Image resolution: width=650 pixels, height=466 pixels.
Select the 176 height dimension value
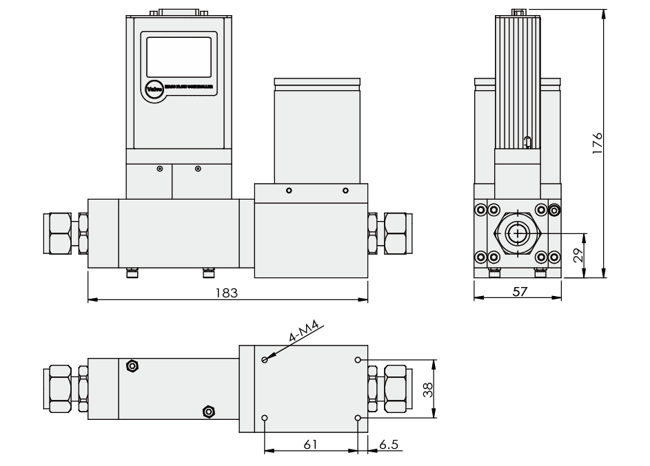597,144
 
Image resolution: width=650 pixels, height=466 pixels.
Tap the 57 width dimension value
520,291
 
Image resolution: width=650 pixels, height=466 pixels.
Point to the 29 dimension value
578,255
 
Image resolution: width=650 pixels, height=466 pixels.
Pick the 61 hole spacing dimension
310,445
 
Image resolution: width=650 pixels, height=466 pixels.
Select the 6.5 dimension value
389,445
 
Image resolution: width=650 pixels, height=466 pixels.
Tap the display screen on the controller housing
179,56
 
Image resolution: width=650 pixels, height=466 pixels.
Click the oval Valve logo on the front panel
154,88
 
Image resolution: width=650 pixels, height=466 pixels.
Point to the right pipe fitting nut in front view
396,233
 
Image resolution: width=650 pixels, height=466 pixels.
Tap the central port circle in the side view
517,233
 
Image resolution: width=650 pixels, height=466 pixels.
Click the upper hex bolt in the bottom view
132,366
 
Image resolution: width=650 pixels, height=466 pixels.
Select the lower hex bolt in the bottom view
207,412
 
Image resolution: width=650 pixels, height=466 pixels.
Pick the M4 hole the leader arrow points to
265,359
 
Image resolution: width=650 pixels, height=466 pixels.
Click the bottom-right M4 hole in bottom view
357,418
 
